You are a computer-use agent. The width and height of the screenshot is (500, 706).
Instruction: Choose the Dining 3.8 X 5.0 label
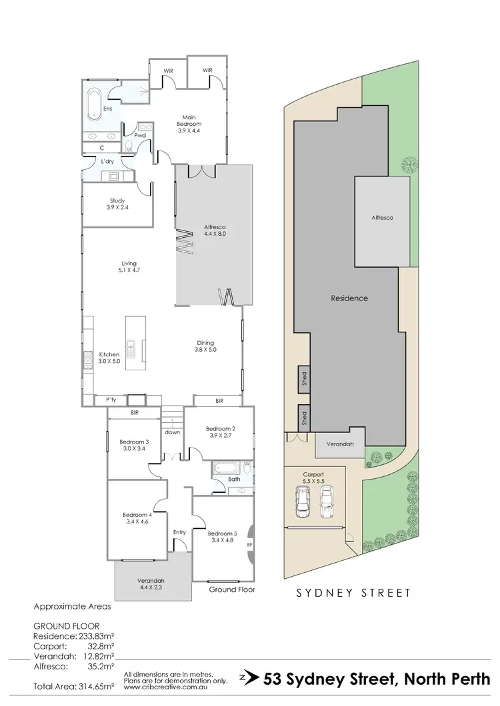(x=205, y=346)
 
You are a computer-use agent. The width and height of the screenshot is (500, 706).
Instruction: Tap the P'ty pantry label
(x=111, y=400)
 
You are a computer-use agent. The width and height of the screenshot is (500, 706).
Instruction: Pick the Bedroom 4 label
(x=137, y=518)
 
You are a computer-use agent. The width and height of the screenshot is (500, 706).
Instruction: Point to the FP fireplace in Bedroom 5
(x=249, y=544)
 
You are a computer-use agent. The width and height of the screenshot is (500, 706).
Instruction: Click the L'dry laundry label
(x=107, y=162)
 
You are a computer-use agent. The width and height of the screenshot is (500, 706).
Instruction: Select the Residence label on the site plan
(x=349, y=298)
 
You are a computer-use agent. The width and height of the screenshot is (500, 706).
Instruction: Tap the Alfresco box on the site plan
(x=382, y=219)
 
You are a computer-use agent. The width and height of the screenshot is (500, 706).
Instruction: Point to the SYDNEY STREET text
(x=353, y=591)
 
